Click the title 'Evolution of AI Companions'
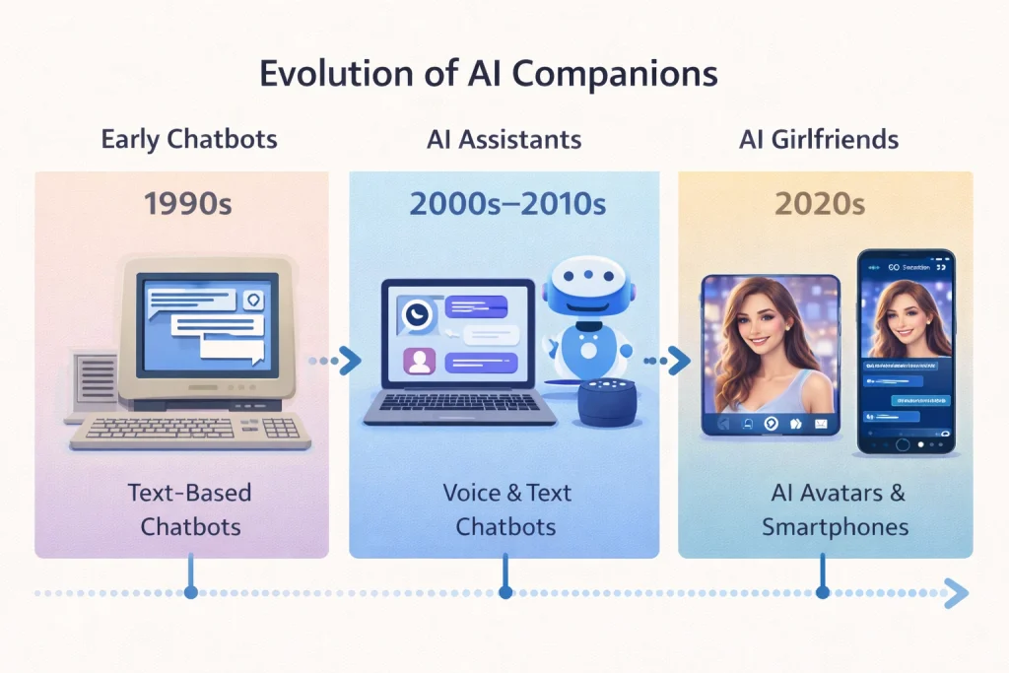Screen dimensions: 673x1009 click(x=488, y=75)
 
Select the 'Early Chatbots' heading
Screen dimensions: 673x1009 click(x=189, y=139)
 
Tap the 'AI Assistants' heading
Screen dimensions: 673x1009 click(x=504, y=139)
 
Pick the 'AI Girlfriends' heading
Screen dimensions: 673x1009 click(x=819, y=139)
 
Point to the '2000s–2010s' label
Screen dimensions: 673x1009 click(x=506, y=205)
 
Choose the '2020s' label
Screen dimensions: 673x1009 click(x=820, y=205)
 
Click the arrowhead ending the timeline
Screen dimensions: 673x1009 click(x=957, y=593)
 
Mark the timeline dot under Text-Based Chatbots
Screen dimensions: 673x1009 click(x=190, y=593)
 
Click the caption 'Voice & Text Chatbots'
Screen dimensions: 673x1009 click(x=506, y=508)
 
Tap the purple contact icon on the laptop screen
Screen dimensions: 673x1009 click(x=419, y=362)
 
